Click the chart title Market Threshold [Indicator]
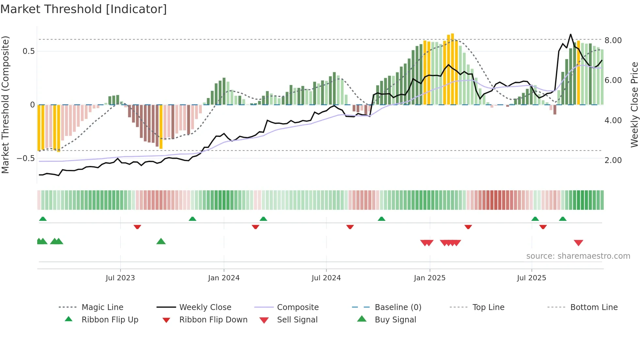tap(84, 9)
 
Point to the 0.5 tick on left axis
tap(28, 51)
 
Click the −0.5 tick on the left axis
tap(25, 158)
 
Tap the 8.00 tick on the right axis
tap(613, 41)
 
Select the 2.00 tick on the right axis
tap(613, 160)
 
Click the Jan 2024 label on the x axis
tap(224, 278)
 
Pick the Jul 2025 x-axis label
tap(531, 278)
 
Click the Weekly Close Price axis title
tap(634, 105)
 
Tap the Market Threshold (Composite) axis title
tap(5, 105)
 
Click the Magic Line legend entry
tap(102, 307)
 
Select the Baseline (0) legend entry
tap(398, 307)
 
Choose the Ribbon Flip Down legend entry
tap(213, 320)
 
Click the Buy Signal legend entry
tap(395, 320)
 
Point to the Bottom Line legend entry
tap(594, 307)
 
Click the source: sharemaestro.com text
tap(578, 256)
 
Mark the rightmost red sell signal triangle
tap(578, 243)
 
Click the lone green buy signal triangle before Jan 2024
tap(161, 241)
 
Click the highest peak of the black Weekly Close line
tap(570, 34)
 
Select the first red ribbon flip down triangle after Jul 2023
tap(137, 227)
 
